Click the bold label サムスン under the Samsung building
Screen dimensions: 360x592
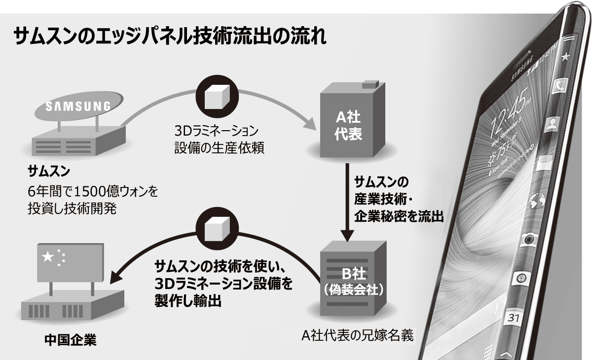(x=49, y=172)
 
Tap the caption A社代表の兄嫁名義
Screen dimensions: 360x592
(x=358, y=335)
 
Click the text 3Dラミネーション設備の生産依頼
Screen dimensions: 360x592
(x=217, y=140)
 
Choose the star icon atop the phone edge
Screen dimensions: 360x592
(x=565, y=56)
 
